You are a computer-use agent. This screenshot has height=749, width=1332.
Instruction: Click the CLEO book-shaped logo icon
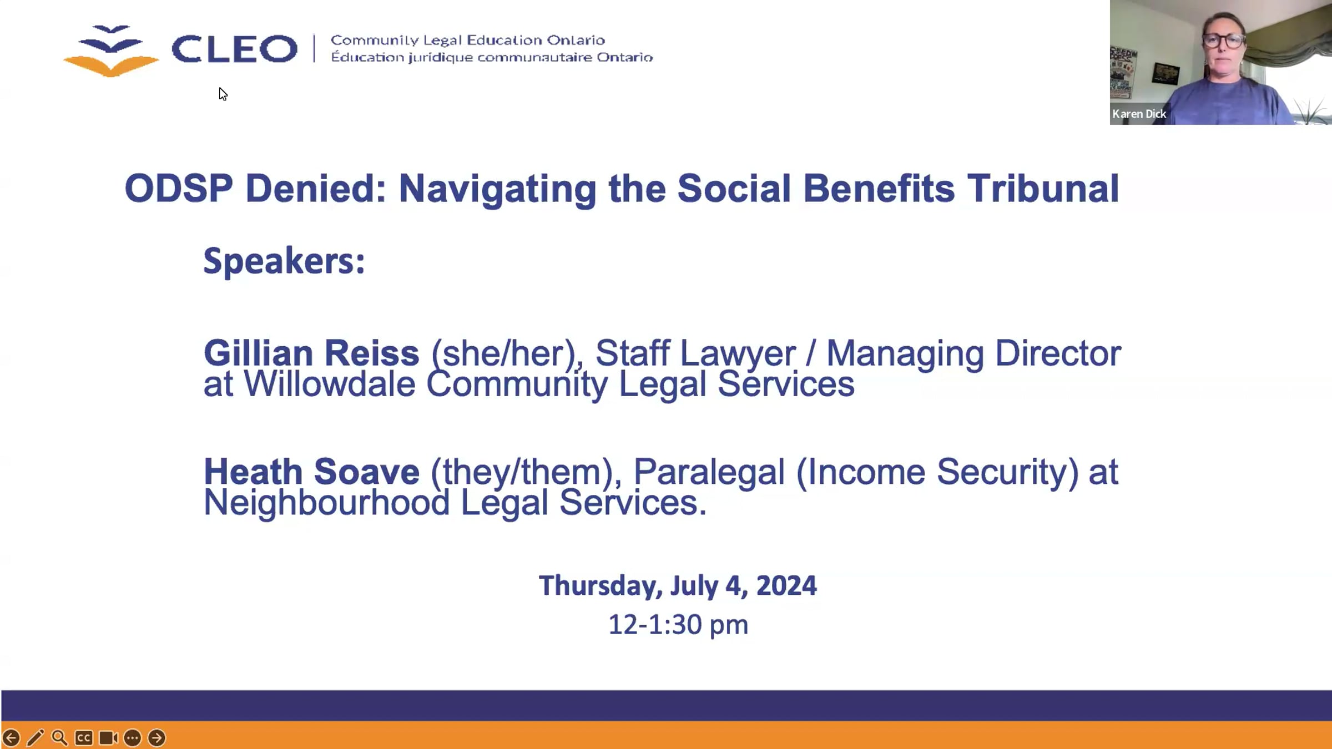(x=111, y=50)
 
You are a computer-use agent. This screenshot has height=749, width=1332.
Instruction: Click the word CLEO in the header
(x=234, y=49)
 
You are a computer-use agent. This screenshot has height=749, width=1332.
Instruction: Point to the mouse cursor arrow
(x=223, y=94)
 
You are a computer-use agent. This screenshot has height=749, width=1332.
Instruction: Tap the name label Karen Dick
(x=1139, y=114)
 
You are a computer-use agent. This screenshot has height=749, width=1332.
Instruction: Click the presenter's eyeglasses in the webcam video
(x=1224, y=41)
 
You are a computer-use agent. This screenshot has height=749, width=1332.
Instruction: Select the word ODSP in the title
(x=179, y=189)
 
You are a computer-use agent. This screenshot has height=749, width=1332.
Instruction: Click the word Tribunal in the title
(x=1043, y=189)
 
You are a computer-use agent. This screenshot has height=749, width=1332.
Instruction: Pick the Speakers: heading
(x=284, y=261)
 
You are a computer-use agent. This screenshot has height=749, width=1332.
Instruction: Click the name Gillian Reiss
(x=311, y=353)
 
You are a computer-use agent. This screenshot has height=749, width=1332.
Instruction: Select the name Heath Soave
(x=311, y=472)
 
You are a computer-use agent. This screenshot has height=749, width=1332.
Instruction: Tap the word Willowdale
(x=330, y=384)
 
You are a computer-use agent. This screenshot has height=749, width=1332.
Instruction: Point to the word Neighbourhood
(x=327, y=503)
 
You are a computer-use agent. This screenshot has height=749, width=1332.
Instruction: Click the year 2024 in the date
(x=786, y=586)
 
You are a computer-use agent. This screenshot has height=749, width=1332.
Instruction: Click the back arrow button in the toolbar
(x=11, y=738)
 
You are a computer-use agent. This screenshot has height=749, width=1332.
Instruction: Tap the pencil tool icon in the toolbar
(x=35, y=738)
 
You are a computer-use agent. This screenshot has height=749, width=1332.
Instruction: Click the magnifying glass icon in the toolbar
(x=59, y=738)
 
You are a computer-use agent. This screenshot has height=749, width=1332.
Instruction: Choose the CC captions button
(x=84, y=738)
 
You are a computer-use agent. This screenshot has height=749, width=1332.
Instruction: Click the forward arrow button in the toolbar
(x=157, y=738)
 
